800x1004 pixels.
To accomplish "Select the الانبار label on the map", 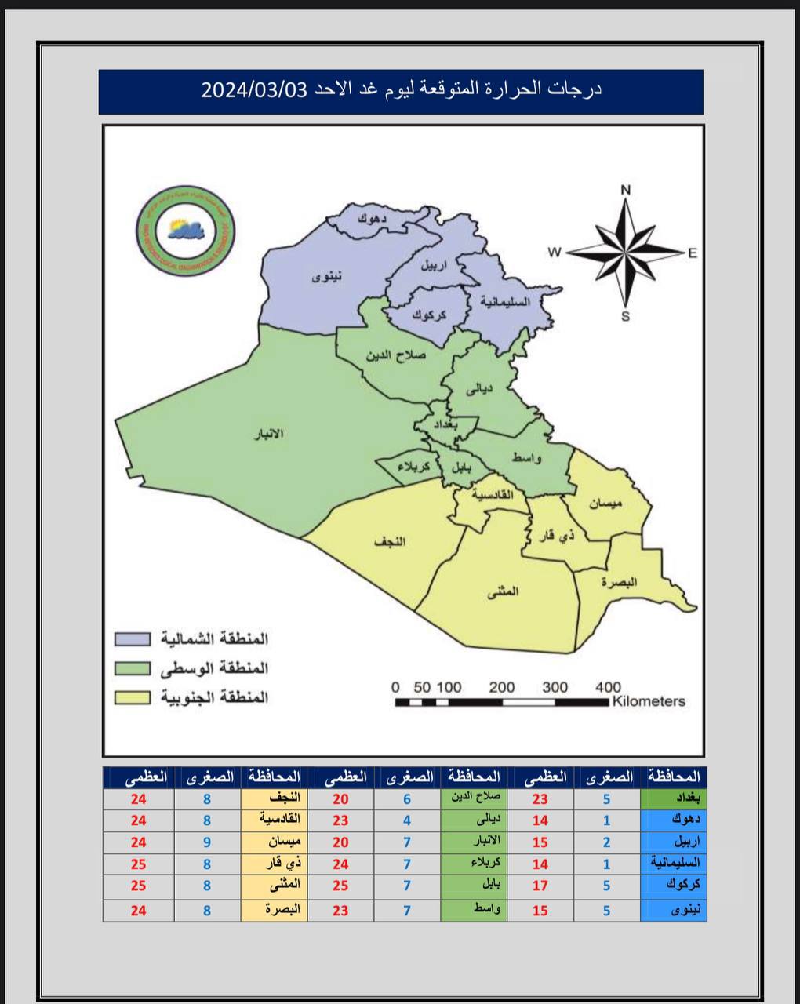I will coord(267,434).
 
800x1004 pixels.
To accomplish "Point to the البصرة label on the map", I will coord(620,582).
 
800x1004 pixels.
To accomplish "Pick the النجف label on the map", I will coord(391,542).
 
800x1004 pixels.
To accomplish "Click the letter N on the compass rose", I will coord(626,189).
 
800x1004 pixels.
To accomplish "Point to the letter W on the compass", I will coord(555,252).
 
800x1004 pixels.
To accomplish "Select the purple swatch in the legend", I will coord(133,638).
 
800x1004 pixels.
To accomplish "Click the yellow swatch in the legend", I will coord(133,697).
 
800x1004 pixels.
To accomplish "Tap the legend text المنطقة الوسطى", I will coord(214,668).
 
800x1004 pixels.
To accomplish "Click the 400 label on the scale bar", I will coord(608,687).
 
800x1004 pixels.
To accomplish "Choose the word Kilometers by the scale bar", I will coord(649,701).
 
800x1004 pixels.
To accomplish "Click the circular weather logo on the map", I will coord(187,228).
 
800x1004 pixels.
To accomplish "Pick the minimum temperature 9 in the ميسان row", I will coord(207,842).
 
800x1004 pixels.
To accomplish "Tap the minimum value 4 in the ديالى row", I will coord(407,820).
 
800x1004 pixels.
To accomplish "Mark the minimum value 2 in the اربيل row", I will coord(606,842).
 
